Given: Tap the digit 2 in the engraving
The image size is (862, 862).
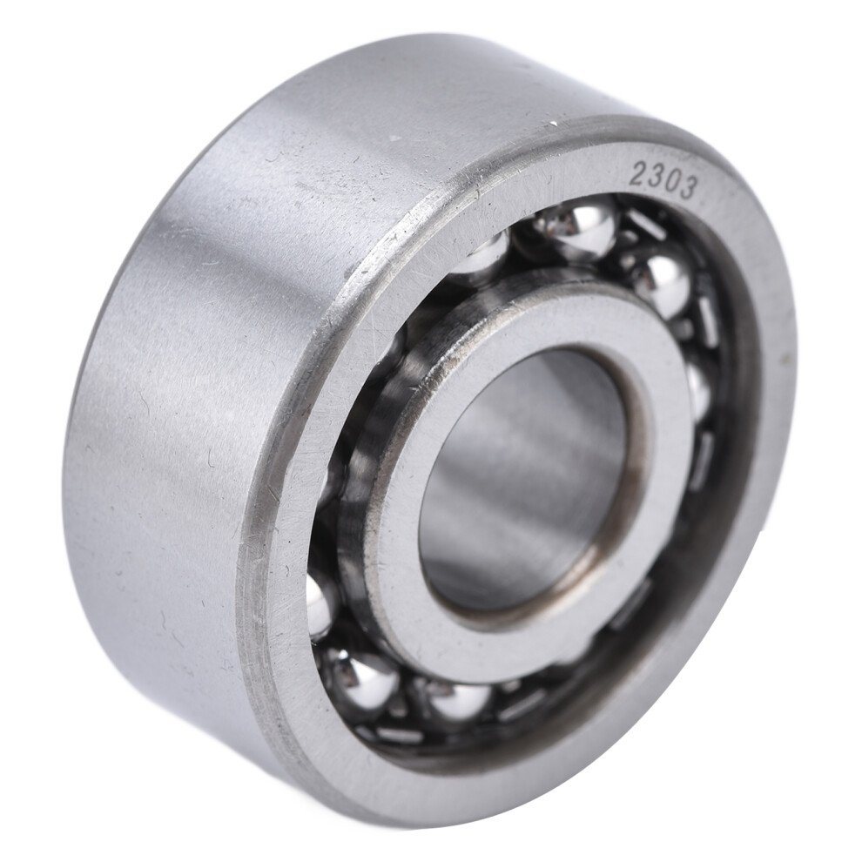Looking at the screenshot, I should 638,170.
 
